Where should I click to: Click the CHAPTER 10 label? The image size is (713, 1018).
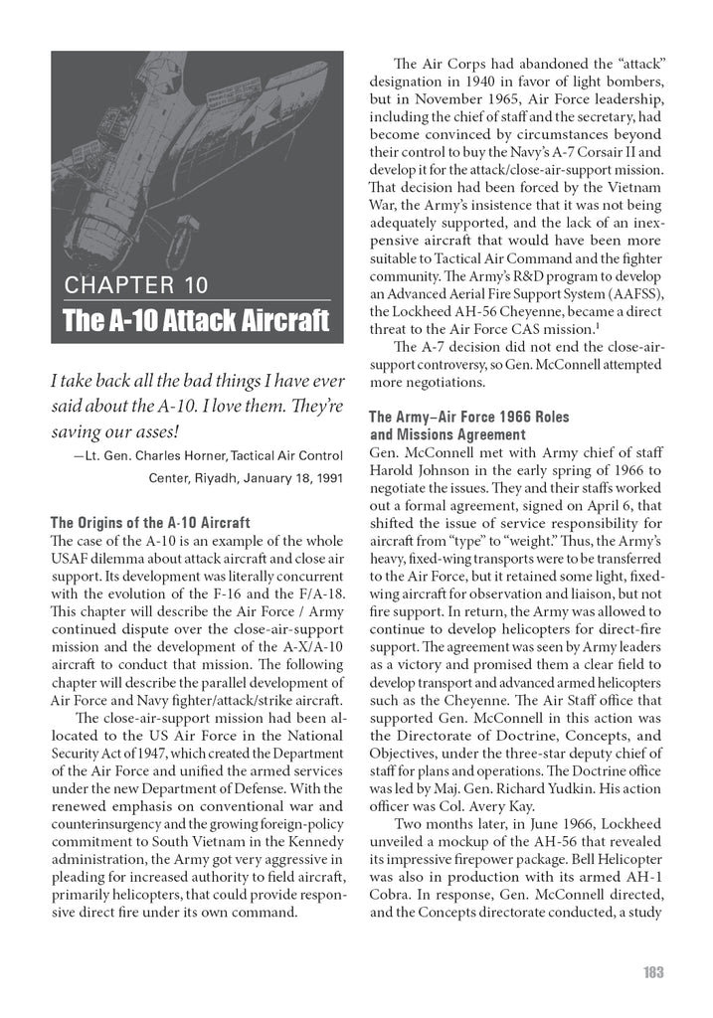point(135,286)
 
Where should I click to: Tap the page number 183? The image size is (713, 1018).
point(651,971)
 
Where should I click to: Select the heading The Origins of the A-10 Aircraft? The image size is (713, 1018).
point(149,523)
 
